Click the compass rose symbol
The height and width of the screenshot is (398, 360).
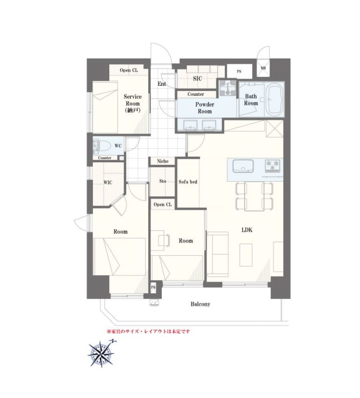(x=101, y=353)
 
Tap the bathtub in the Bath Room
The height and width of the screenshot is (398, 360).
(x=274, y=99)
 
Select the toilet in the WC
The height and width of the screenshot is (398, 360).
(x=102, y=146)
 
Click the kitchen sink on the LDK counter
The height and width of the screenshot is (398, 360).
(x=243, y=166)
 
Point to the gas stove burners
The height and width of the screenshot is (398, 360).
(x=272, y=166)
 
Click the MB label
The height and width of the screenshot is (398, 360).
(x=263, y=68)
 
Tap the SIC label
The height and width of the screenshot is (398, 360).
(x=197, y=78)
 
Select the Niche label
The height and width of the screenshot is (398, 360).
(x=163, y=161)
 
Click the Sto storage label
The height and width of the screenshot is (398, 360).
(x=163, y=181)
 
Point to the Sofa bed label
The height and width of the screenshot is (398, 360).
(x=188, y=182)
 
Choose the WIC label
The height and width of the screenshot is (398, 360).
(x=108, y=183)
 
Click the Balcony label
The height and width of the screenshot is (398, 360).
(x=200, y=304)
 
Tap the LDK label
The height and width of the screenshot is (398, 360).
(x=247, y=230)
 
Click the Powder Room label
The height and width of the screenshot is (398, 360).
(x=204, y=108)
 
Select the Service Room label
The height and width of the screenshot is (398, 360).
(x=133, y=103)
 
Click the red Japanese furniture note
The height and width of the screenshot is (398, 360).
(x=148, y=331)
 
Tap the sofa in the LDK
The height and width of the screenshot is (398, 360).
(x=218, y=254)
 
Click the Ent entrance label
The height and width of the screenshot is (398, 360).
(x=162, y=84)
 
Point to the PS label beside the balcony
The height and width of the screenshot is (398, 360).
(x=153, y=287)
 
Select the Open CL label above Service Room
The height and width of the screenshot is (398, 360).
(x=129, y=70)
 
